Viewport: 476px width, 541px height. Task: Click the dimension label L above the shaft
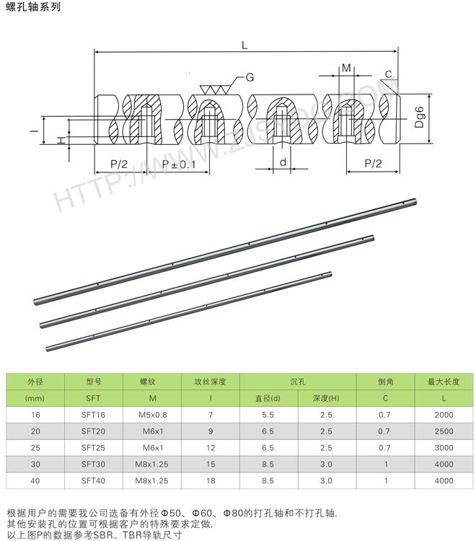[244, 45]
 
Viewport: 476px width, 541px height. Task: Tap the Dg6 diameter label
[419, 117]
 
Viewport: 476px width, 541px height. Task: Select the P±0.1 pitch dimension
[179, 164]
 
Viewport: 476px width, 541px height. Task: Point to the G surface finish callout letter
[250, 77]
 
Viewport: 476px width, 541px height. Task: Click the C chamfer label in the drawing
[389, 74]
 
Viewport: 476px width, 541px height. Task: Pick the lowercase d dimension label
[283, 162]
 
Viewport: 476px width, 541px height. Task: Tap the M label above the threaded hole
[346, 68]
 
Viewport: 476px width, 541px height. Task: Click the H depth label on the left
[61, 140]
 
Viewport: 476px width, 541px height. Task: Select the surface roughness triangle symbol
[215, 89]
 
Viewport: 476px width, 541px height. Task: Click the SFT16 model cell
[93, 415]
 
